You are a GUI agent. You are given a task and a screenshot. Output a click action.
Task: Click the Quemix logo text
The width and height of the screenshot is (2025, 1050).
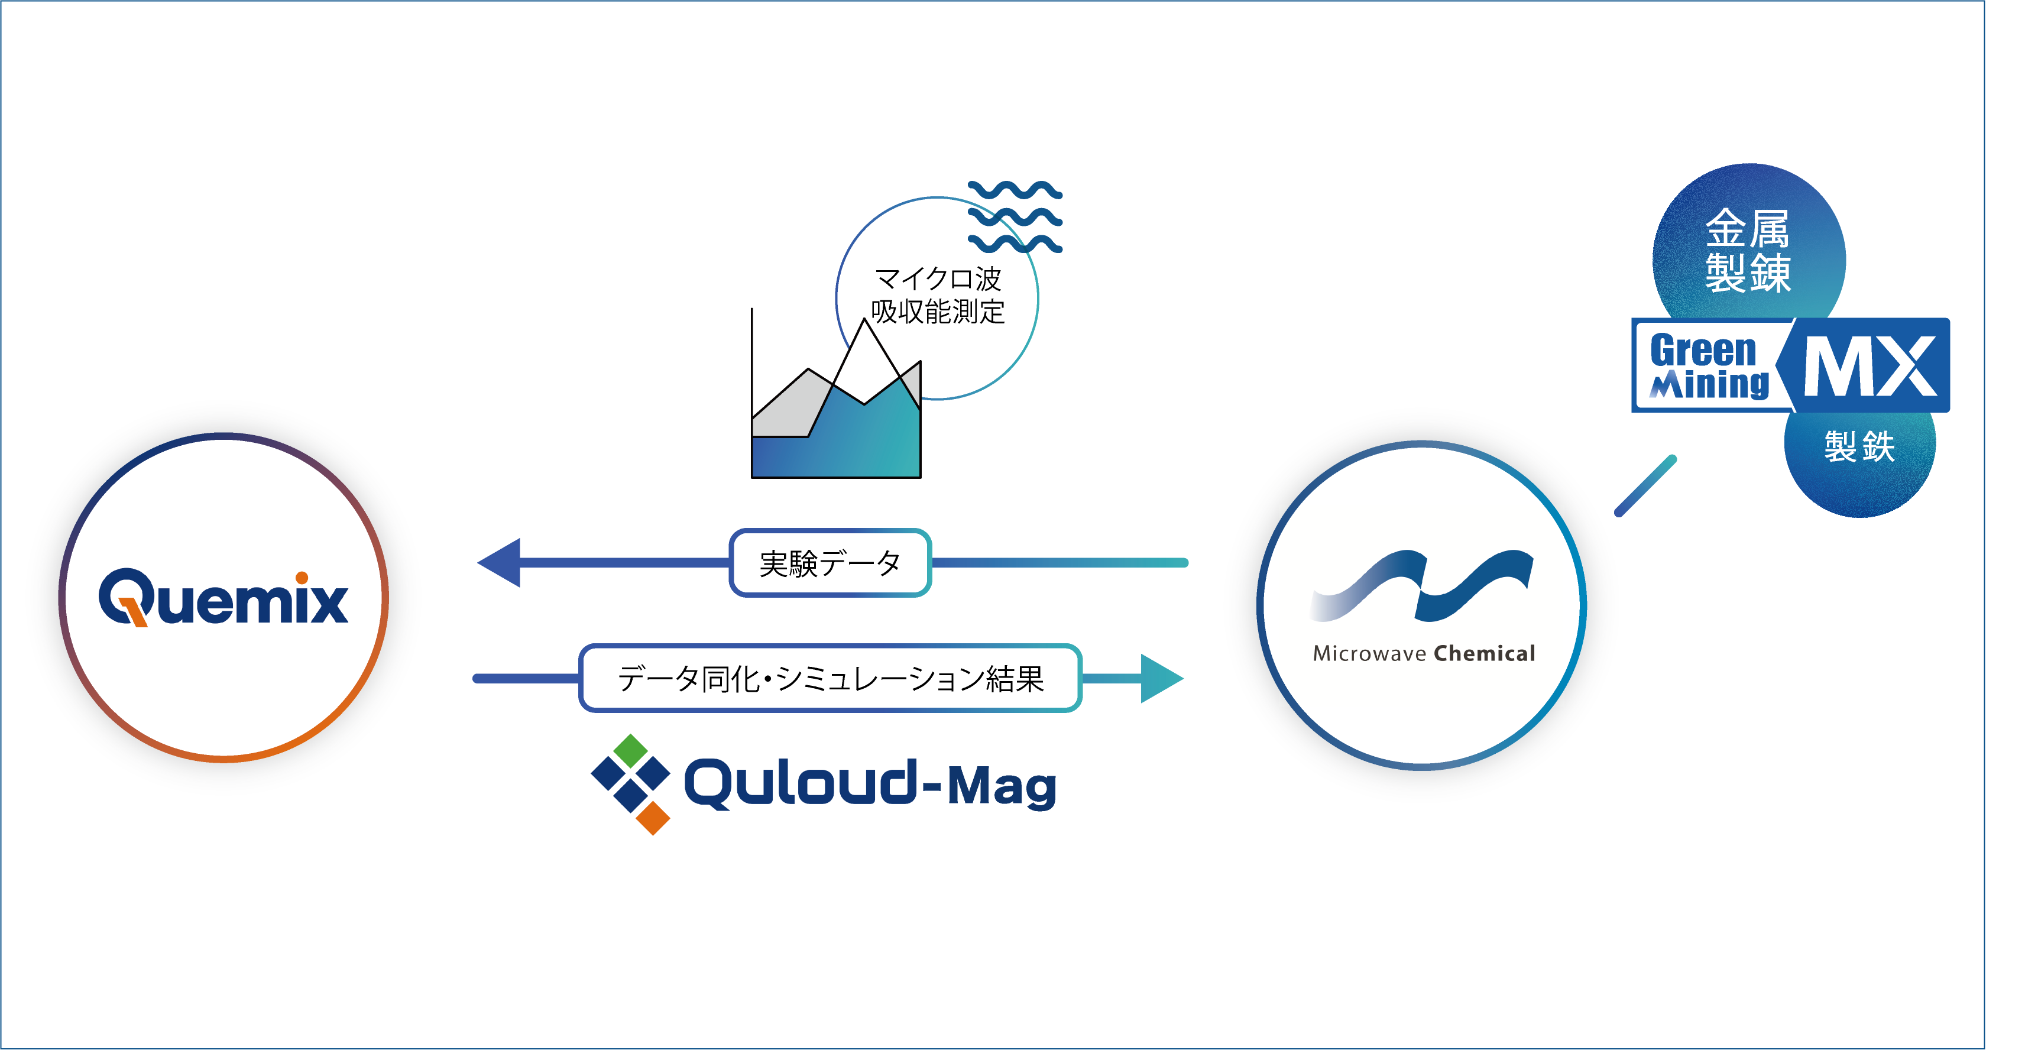223,599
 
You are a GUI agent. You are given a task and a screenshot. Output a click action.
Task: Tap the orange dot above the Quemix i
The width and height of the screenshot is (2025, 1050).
302,578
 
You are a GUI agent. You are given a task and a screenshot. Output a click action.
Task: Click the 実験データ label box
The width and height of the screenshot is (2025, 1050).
830,563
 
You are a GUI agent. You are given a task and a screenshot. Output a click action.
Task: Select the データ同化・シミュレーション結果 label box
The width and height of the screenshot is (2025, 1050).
830,678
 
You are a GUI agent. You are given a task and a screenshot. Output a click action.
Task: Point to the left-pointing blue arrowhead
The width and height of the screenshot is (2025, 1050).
501,563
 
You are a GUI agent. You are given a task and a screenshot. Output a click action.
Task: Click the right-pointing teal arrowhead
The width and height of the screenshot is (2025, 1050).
1160,678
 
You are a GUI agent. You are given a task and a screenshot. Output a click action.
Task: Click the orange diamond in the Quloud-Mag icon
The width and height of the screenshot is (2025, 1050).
653,818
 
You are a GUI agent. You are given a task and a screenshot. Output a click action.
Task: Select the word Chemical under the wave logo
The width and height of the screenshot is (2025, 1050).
1484,654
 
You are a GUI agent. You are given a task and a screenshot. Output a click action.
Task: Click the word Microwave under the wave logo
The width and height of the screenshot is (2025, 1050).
1369,654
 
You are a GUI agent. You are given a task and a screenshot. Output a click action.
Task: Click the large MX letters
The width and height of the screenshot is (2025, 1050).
1870,366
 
